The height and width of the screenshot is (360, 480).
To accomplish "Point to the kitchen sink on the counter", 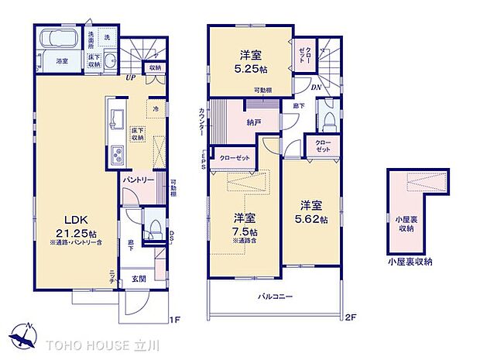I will pyautogui.click(x=118, y=119).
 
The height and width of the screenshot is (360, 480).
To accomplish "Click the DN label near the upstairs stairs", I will pyautogui.click(x=317, y=87).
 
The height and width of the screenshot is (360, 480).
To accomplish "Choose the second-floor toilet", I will pyautogui.click(x=328, y=121).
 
